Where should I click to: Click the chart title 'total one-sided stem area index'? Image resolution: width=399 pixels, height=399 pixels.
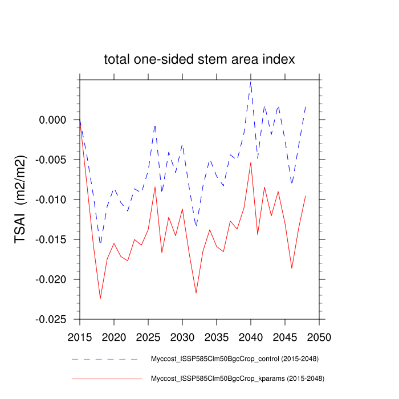click(199, 59)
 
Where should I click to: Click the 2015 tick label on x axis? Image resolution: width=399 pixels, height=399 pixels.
click(80, 336)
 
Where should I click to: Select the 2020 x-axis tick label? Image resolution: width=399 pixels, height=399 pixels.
click(114, 336)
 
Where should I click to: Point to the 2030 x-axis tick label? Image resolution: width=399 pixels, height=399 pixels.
click(182, 336)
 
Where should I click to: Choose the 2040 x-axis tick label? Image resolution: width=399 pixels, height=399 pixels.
click(251, 336)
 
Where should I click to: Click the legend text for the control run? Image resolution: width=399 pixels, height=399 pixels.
click(234, 359)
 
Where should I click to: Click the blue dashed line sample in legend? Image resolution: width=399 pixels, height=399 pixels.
click(105, 359)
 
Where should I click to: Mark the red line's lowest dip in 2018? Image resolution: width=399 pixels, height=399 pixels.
click(100, 298)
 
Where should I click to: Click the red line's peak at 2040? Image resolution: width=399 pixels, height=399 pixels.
click(251, 162)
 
